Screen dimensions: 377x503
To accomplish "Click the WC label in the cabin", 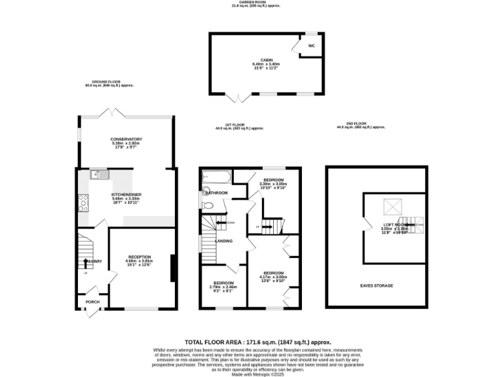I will (311, 46).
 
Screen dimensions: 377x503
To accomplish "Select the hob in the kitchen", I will (83, 202).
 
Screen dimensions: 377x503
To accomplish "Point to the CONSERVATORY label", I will (126, 139).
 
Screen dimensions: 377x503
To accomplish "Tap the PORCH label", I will (92, 302).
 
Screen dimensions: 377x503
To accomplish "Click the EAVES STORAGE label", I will (377, 286).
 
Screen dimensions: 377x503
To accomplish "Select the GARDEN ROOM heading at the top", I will (255, 3).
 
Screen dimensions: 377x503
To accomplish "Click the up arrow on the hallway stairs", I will (84, 273).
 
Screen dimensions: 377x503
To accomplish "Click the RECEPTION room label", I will (140, 257).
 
